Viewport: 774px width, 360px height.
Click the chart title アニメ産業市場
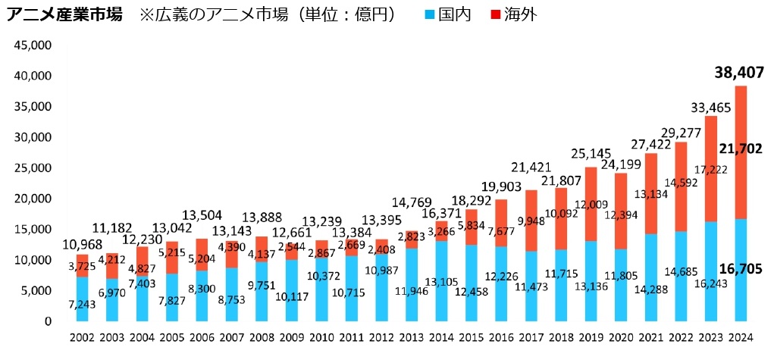tap(64, 15)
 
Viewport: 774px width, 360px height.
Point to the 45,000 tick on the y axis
tap(32, 45)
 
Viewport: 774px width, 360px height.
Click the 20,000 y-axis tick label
tap(32, 199)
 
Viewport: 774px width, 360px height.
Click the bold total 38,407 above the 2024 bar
tap(738, 74)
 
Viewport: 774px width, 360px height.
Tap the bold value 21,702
tap(738, 149)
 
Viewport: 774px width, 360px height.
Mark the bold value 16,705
tap(738, 269)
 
